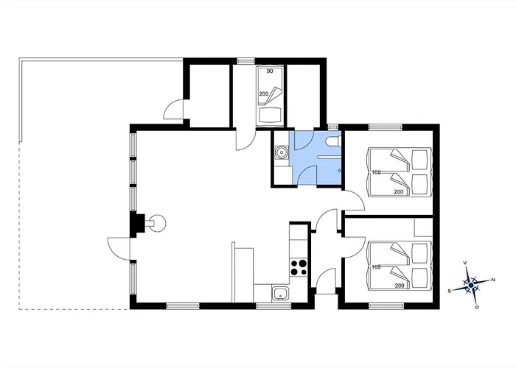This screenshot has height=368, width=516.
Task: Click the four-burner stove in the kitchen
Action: pos(299,267)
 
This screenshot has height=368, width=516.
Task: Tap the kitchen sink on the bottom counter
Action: pos(280,293)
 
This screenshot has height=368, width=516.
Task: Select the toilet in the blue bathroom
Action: pos(333,142)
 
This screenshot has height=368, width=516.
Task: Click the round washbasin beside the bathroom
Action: pos(282,152)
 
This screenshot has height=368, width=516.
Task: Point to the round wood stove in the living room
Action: pos(157,224)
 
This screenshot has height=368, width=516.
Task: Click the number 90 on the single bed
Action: pos(270,71)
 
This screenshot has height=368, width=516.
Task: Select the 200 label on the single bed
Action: pos(264,94)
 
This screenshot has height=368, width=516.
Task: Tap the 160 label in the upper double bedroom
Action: pos(376,172)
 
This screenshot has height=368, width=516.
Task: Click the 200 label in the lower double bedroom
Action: pos(400,286)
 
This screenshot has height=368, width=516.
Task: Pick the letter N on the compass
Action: pos(493,280)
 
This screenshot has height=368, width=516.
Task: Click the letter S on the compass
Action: pos(449,291)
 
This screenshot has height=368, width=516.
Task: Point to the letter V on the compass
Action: pos(465,263)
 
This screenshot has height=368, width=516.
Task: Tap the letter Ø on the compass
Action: pos(477,307)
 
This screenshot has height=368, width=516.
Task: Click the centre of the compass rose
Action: pos(471,286)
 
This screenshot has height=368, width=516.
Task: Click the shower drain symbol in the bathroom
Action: pos(340,171)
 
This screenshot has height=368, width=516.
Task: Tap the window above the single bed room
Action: pos(246,61)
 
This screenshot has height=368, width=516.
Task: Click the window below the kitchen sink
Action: pos(273,306)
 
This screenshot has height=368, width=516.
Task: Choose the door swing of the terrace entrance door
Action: pos(119,249)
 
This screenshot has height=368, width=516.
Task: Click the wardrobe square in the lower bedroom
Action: pos(423,227)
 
